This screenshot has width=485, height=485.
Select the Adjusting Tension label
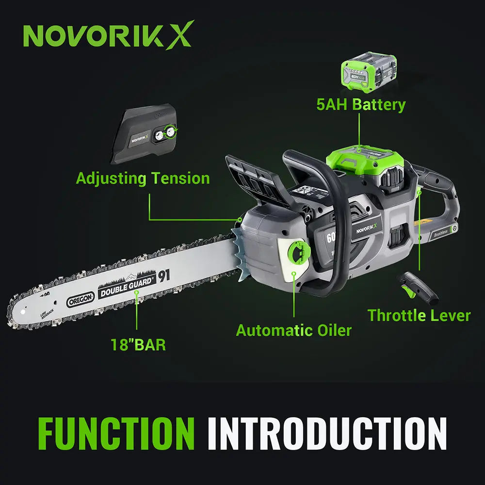pos(143,178)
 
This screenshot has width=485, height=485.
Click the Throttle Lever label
pos(419,315)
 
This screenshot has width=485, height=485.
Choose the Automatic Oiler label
pos(293,331)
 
